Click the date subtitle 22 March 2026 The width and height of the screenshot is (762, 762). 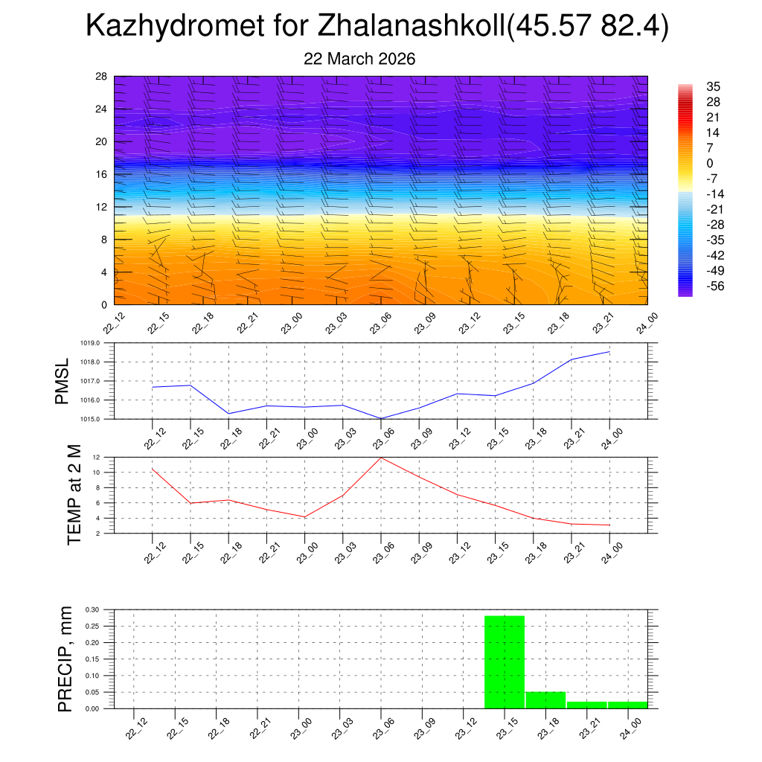(359, 59)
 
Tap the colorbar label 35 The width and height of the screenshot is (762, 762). (712, 86)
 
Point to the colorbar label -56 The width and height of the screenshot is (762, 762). (715, 286)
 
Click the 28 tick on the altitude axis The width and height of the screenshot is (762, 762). (101, 77)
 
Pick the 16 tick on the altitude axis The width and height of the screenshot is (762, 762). (101, 174)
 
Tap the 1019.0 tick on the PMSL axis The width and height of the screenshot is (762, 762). (98, 343)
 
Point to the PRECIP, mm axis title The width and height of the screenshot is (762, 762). (66, 659)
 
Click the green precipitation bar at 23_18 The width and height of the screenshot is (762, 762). (545, 700)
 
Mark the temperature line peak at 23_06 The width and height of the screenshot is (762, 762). (381, 457)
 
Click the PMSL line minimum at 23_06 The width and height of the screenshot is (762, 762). (381, 418)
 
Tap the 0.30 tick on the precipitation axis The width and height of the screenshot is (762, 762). (92, 609)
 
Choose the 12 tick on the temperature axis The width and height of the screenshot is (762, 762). (96, 456)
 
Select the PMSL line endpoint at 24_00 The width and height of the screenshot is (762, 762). (610, 351)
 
